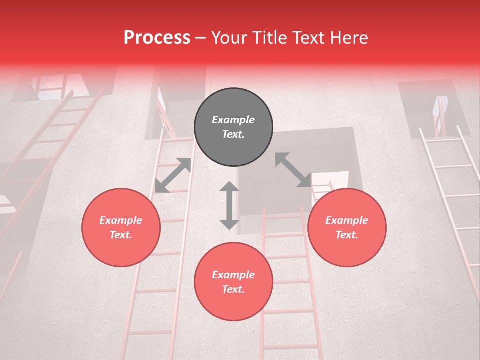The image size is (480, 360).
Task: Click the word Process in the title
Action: click(x=157, y=38)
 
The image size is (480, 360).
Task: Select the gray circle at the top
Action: click(x=233, y=127)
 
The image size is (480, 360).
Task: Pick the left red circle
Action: click(x=121, y=227)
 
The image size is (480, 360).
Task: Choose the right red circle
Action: click(x=347, y=227)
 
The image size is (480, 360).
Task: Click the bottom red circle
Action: click(x=233, y=281)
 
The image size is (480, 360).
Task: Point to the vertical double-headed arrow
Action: click(x=229, y=205)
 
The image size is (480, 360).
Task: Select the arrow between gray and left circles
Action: click(x=173, y=175)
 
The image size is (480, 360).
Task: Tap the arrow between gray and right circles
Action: click(x=293, y=170)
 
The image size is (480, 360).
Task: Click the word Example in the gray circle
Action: click(x=233, y=120)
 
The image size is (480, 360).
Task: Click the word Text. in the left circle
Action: click(x=121, y=235)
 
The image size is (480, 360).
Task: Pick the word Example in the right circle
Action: click(x=347, y=220)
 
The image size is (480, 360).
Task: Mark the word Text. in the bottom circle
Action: click(x=233, y=289)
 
